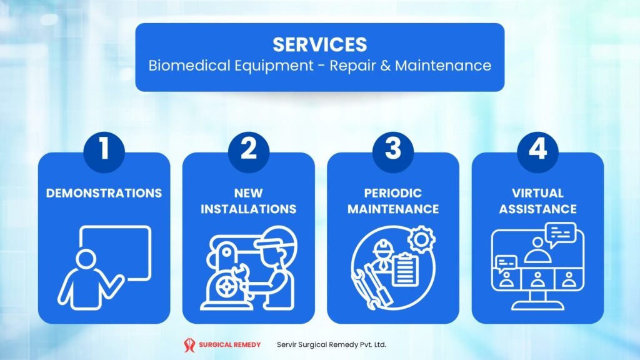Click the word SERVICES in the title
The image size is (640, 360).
319,44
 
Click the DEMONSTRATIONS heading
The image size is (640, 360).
104,192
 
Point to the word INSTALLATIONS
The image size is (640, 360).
248,209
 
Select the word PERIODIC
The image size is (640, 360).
392,192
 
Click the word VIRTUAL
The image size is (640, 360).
537,192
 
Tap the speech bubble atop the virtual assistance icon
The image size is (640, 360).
559,234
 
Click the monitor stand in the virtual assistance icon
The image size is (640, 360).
537,302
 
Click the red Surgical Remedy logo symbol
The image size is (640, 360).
189,344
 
